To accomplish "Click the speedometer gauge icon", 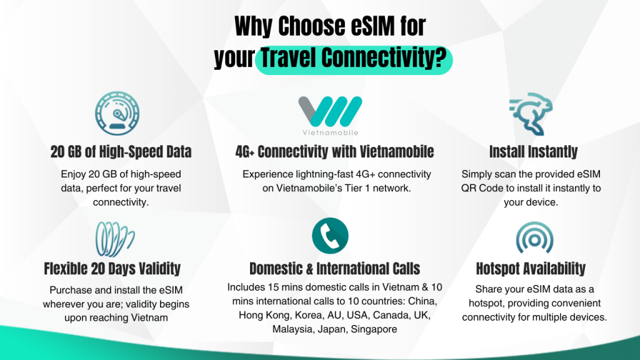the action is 117,114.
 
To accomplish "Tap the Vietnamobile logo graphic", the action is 330,111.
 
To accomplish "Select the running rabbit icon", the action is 531,114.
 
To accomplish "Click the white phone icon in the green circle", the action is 330,236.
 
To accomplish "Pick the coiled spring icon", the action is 115,239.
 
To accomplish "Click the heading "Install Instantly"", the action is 534,152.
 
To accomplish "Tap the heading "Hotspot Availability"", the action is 531,269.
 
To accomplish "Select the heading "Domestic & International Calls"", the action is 335,269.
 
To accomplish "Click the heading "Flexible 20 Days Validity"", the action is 112,269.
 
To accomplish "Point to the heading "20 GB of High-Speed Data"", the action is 121,152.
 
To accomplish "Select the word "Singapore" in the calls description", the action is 374,329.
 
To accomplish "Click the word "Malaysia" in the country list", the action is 292,329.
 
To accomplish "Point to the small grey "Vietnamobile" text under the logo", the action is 331,132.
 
